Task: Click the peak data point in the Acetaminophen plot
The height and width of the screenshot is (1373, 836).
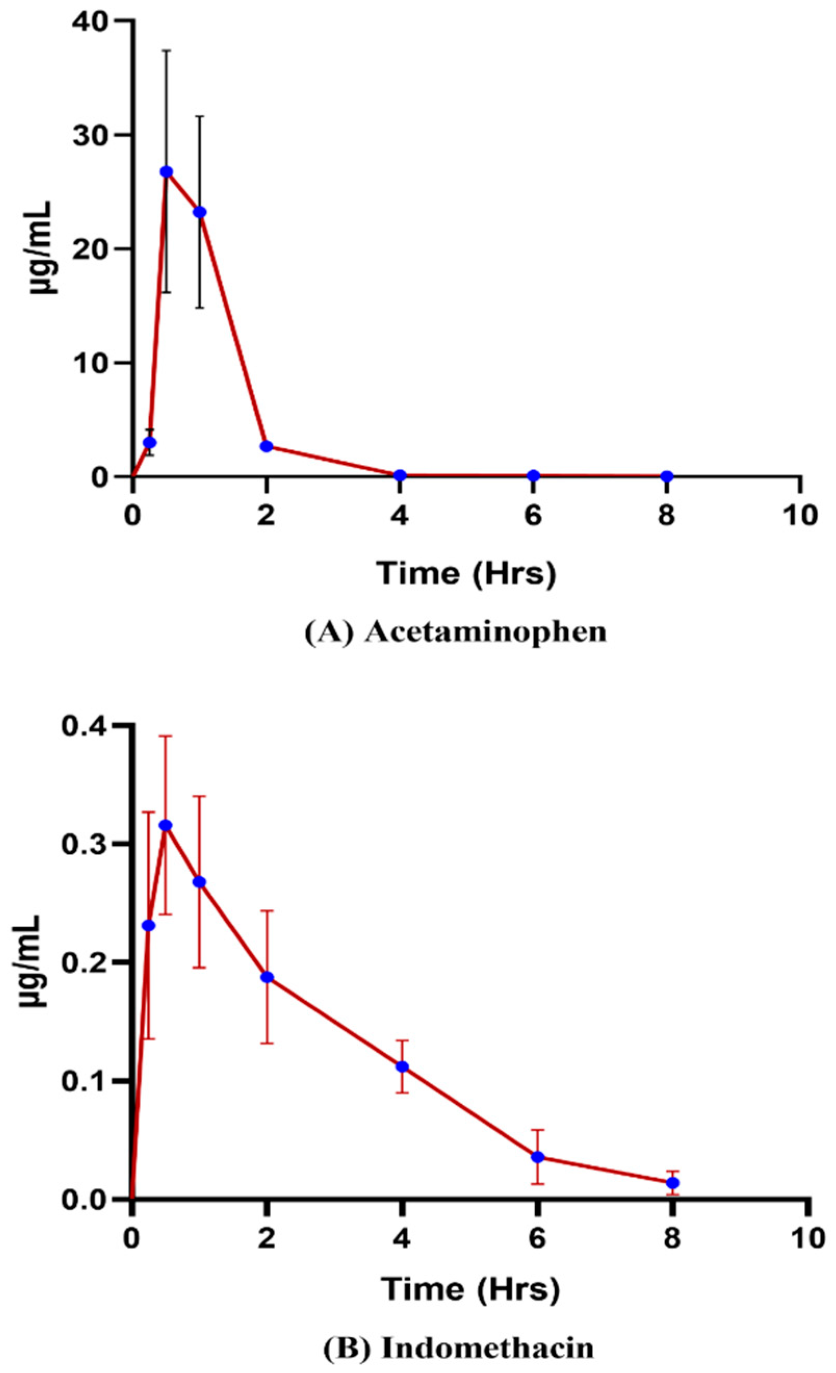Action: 166,172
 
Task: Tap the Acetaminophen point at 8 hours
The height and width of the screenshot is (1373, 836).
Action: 667,476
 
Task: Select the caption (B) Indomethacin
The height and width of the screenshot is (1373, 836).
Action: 458,1344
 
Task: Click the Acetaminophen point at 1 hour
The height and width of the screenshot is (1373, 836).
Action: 200,212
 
